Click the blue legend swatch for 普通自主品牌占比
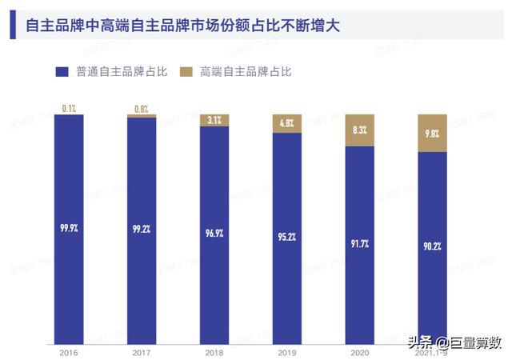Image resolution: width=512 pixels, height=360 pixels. [62, 72]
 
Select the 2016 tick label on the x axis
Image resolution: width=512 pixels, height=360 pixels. [68, 352]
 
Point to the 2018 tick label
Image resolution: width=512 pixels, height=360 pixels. [214, 352]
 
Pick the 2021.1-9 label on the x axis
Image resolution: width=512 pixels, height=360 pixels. [433, 352]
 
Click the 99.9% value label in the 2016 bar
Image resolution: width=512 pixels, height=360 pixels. [68, 227]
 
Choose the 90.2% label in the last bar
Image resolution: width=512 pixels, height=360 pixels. [433, 245]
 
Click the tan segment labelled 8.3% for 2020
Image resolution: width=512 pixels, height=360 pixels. [360, 130]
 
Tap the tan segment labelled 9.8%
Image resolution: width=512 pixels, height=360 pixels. [433, 133]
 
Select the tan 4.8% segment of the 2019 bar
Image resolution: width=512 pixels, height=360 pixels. [287, 123]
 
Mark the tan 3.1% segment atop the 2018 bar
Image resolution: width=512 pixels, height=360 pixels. [214, 120]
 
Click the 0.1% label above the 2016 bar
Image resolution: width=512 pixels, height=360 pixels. [68, 107]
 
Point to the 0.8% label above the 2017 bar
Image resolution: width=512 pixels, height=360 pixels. [142, 107]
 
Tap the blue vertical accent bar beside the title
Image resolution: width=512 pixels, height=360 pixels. [13, 26]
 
